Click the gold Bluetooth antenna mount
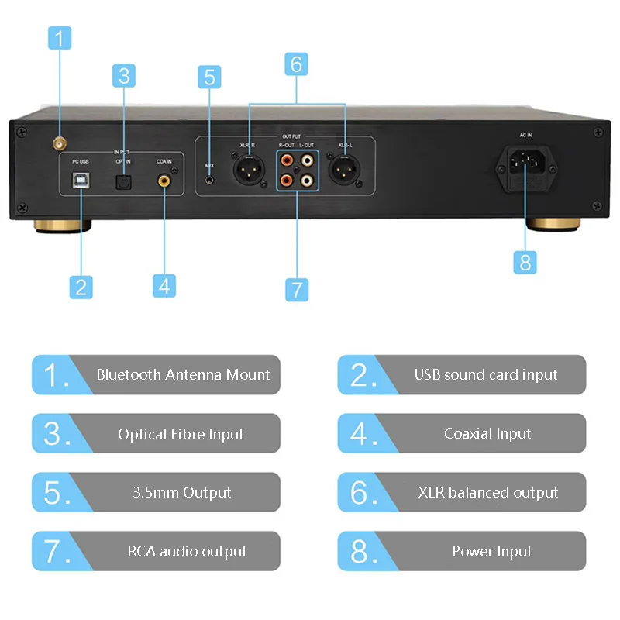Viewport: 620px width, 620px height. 58,143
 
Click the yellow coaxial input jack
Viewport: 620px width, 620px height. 164,181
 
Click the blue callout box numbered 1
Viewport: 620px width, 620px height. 60,37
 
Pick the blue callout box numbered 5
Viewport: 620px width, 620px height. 208,77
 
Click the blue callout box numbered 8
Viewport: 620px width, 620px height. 525,261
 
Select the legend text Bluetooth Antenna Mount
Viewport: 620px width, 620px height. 183,374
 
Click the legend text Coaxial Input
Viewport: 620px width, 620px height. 487,433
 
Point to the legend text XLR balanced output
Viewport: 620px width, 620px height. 487,492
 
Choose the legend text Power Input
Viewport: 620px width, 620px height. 491,551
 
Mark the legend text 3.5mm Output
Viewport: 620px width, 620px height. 181,492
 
